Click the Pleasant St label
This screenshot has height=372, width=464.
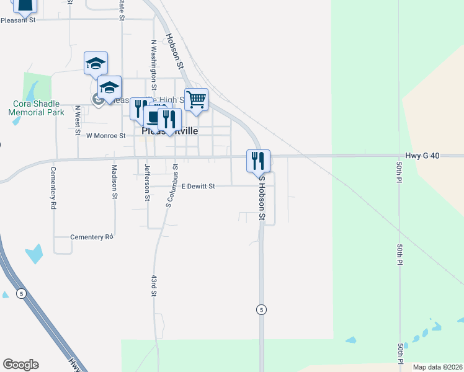pos(19,20)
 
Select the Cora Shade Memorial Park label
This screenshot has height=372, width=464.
pos(37,108)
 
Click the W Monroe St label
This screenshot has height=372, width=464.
pos(105,135)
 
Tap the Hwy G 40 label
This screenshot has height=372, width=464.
pos(422,156)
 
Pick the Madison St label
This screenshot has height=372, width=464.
pos(115,181)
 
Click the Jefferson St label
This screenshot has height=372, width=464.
pos(147,182)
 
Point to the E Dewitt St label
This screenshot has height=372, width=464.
pos(198,185)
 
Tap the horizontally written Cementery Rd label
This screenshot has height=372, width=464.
pos(92,237)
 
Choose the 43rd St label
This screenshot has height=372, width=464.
pos(153,286)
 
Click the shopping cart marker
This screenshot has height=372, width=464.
pos(196,99)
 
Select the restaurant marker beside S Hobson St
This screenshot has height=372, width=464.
pos(258,161)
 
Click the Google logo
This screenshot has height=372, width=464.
pos(20,365)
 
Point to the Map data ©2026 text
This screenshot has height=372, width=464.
pos(437,367)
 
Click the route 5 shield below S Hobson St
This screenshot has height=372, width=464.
pos(262,309)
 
